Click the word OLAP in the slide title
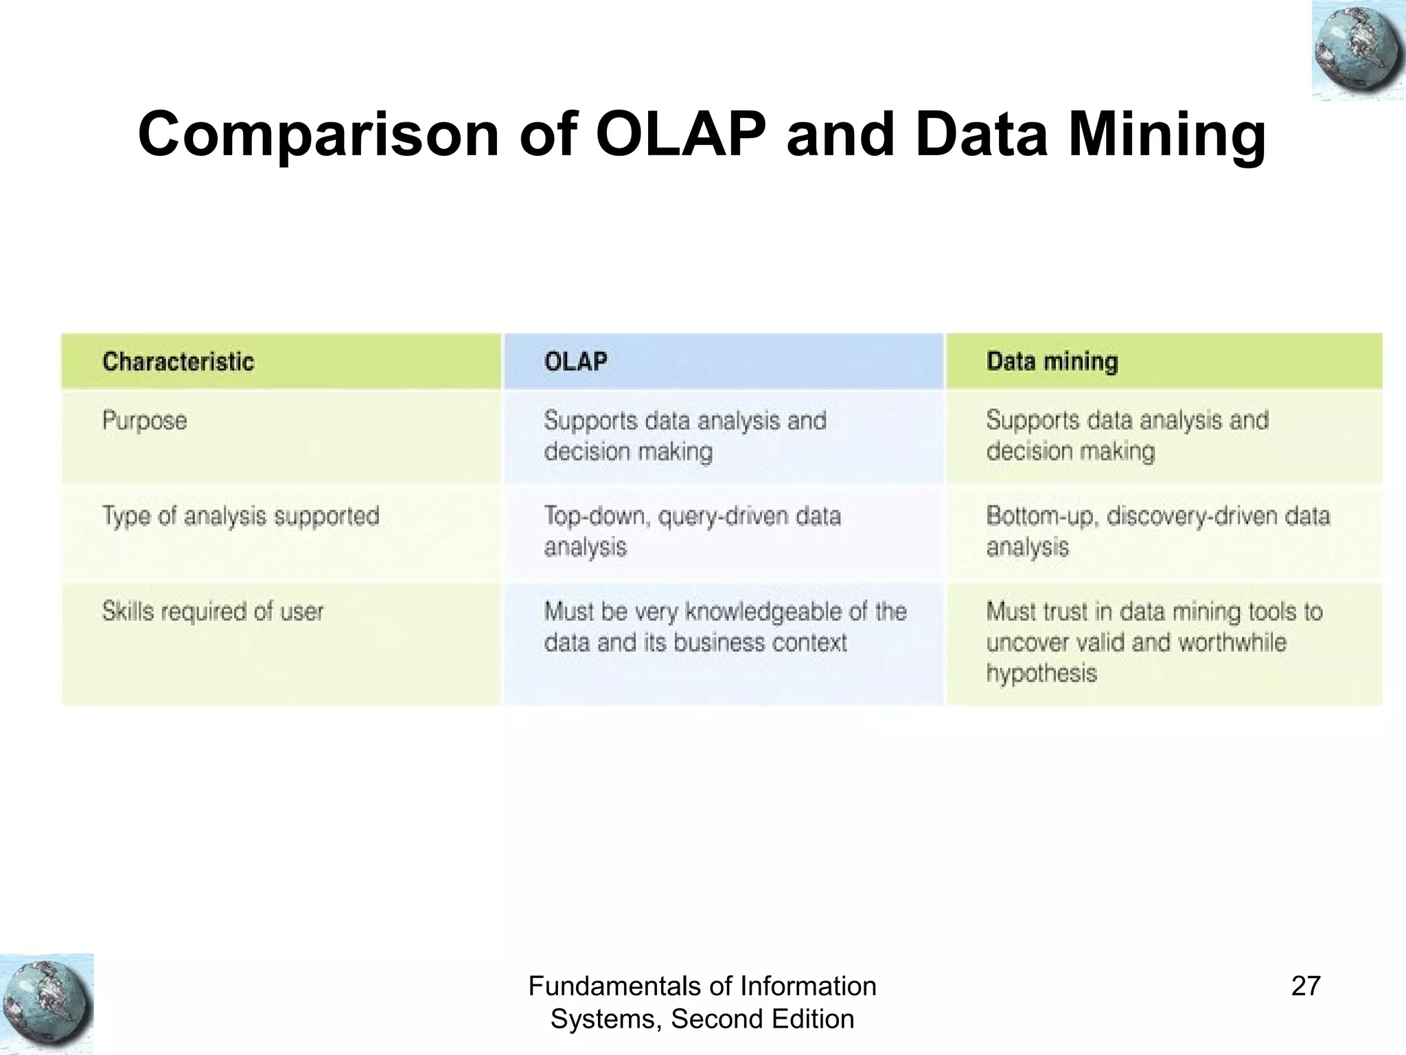click(680, 134)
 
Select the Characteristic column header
click(178, 362)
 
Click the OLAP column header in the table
click(575, 362)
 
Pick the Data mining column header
click(1052, 362)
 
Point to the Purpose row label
click(144, 420)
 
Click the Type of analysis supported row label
click(240, 516)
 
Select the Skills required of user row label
click(212, 611)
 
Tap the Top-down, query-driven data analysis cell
click(692, 531)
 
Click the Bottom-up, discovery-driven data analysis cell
click(1157, 531)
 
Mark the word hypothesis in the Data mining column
click(1041, 673)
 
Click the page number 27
click(1305, 986)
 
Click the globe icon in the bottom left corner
click(46, 1003)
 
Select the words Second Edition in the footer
click(762, 1019)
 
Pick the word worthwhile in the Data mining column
click(1232, 643)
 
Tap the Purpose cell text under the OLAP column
click(685, 436)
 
